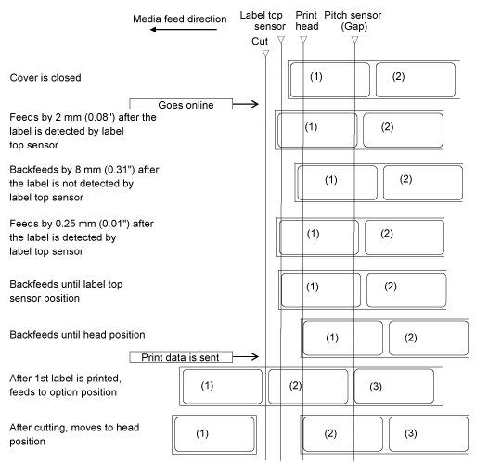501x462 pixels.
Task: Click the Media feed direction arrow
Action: [x=184, y=30]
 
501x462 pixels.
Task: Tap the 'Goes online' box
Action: [x=181, y=104]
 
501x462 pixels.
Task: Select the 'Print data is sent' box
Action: [x=181, y=357]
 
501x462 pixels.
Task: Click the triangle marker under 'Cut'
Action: [x=265, y=54]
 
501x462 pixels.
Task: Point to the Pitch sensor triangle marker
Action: [x=354, y=40]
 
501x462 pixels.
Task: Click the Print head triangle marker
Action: [x=303, y=40]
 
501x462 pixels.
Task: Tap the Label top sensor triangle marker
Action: [x=281, y=40]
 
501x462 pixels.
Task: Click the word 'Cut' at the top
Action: [x=260, y=41]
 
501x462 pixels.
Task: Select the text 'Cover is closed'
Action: [x=45, y=78]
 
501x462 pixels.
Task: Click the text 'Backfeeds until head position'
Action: [x=77, y=335]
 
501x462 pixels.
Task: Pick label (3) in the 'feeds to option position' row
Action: [x=394, y=386]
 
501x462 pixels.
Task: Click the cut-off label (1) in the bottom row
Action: [x=214, y=434]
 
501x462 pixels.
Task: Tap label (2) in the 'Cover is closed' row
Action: [x=416, y=80]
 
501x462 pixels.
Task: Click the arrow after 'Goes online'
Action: [x=245, y=104]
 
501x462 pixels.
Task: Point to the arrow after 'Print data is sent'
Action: [x=245, y=356]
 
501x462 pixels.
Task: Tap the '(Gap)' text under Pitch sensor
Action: [x=354, y=26]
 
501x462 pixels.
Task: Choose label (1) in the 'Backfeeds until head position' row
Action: [x=343, y=338]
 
